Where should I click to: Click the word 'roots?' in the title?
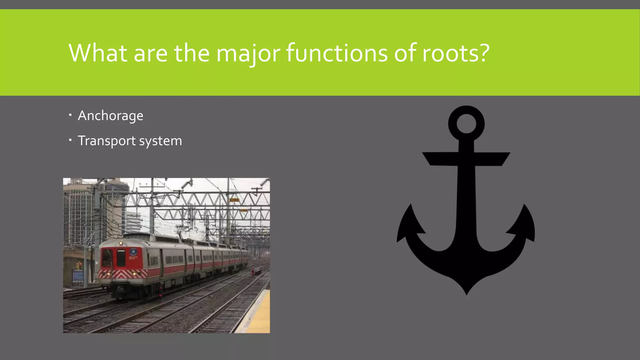[x=456, y=53]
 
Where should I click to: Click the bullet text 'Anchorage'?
[x=111, y=116]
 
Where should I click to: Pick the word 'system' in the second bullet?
[x=160, y=141]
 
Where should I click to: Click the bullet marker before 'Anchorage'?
[x=70, y=115]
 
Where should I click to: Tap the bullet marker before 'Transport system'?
[x=70, y=140]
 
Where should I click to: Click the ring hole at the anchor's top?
[x=466, y=123]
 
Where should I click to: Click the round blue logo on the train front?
[x=133, y=252]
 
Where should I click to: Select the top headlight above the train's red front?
[x=121, y=243]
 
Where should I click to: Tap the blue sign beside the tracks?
[x=78, y=277]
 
